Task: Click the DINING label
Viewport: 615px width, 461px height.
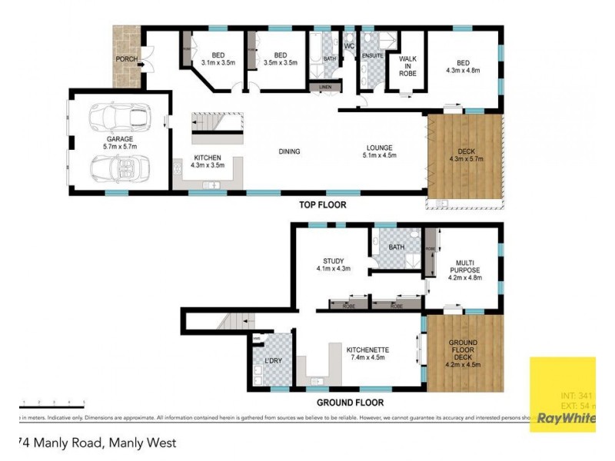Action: [289, 151]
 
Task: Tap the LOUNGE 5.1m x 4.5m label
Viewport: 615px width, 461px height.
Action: [379, 151]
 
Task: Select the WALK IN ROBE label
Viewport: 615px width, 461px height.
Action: [407, 65]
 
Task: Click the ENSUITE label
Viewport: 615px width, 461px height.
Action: [372, 55]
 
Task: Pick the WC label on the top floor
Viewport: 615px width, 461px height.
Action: [349, 48]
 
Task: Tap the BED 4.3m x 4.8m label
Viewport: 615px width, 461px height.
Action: [463, 67]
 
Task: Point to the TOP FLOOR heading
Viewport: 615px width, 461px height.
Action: [323, 205]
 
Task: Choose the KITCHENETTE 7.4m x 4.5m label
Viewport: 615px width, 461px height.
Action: [367, 353]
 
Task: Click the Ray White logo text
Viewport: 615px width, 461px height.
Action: [566, 419]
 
